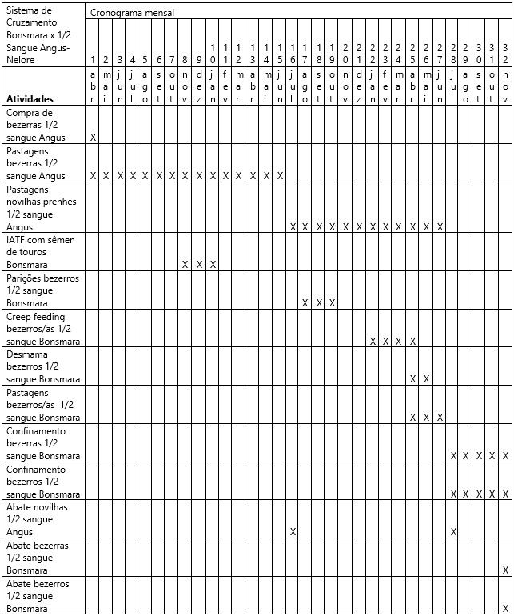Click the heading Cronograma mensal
click(x=132, y=13)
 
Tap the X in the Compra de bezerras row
click(x=94, y=138)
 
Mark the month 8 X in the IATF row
click(x=185, y=265)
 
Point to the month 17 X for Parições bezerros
click(x=305, y=303)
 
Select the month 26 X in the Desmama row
click(x=426, y=379)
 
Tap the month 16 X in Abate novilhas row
click(x=293, y=532)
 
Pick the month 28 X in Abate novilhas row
click(x=453, y=532)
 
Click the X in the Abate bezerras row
click(x=505, y=570)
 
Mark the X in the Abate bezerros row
click(x=505, y=608)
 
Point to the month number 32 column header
click(x=505, y=54)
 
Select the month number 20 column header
click(x=345, y=54)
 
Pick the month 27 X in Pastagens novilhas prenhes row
click(x=440, y=227)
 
